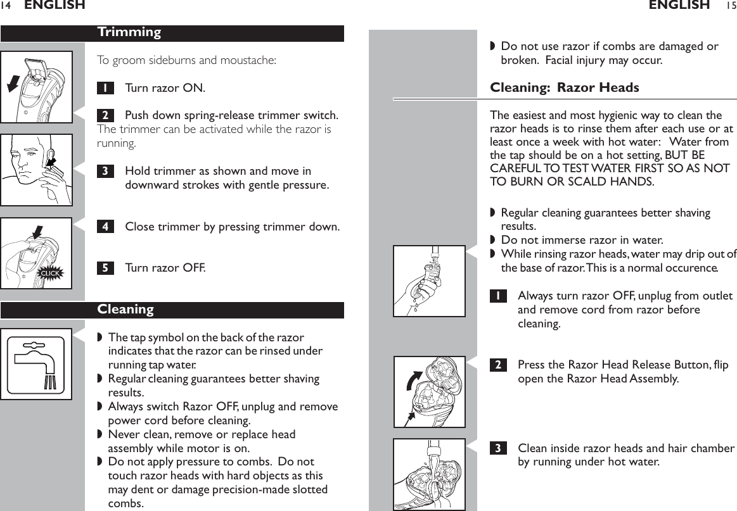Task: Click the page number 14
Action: tap(6, 6)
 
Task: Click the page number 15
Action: tap(731, 6)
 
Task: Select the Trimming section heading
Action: tap(129, 32)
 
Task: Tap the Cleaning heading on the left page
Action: tap(125, 310)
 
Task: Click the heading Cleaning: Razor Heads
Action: tap(565, 87)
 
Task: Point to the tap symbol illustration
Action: tap(36, 364)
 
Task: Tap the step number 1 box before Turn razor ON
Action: tap(105, 87)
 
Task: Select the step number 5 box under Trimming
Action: tap(105, 268)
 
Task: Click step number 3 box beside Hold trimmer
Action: tap(105, 171)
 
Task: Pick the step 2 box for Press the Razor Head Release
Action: tap(499, 365)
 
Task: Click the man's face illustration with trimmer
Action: tap(36, 170)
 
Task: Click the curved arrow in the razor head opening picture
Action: tap(413, 383)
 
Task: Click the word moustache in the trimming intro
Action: tap(250, 61)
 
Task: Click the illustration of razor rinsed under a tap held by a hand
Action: tap(429, 281)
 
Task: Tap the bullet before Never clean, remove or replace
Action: tap(99, 435)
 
